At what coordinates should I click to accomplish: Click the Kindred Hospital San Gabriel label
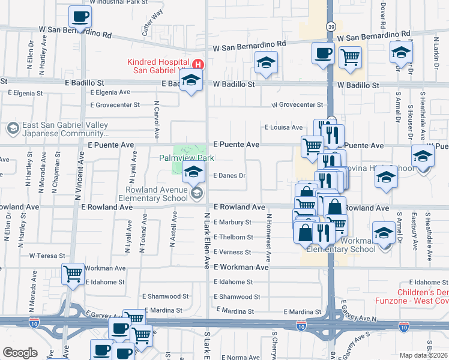159,67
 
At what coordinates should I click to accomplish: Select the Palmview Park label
186,158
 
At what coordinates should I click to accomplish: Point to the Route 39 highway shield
331,26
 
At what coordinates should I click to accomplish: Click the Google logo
20,352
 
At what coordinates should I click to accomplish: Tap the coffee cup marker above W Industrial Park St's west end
80,17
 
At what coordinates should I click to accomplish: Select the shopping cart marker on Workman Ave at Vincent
73,274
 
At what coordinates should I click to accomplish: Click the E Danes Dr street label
230,176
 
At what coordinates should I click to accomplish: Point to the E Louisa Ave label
284,127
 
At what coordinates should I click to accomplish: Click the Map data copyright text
424,355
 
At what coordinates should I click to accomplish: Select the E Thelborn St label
233,237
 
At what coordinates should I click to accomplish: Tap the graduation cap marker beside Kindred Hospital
191,82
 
